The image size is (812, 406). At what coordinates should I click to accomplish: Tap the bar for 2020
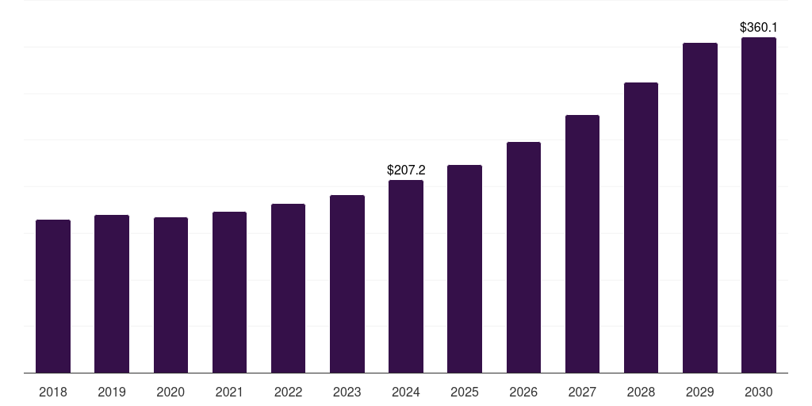pyautogui.click(x=170, y=295)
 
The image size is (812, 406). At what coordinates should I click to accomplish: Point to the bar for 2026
pyautogui.click(x=523, y=257)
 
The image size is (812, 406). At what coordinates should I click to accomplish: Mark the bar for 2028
pyautogui.click(x=641, y=228)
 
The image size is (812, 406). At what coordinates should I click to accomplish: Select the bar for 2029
pyautogui.click(x=700, y=208)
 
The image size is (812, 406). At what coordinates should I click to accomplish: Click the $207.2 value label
pyautogui.click(x=406, y=170)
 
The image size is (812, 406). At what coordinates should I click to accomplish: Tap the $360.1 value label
pyautogui.click(x=759, y=27)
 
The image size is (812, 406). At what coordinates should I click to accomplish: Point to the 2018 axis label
pyautogui.click(x=53, y=392)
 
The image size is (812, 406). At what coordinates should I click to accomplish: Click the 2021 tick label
pyautogui.click(x=229, y=392)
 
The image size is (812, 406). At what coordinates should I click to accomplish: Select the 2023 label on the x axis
pyautogui.click(x=347, y=392)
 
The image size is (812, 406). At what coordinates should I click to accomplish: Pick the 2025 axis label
pyautogui.click(x=465, y=392)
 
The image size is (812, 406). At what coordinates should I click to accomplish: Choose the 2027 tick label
pyautogui.click(x=582, y=392)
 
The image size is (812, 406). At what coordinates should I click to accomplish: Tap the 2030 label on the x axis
pyautogui.click(x=759, y=392)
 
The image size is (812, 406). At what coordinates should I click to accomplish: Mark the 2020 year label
pyautogui.click(x=170, y=392)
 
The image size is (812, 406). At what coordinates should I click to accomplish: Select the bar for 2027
pyautogui.click(x=582, y=243)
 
